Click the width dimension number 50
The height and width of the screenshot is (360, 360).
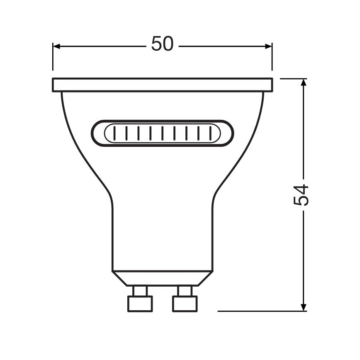click(162, 44)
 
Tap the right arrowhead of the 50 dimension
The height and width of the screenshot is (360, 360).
click(268, 46)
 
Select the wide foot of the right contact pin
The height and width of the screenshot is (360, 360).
click(185, 304)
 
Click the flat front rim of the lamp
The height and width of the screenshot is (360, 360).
click(162, 85)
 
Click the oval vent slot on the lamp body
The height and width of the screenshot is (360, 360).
click(162, 134)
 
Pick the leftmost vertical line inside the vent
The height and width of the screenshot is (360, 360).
click(114, 134)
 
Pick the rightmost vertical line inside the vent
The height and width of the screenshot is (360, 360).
click(211, 134)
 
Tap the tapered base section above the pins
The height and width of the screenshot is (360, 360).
click(162, 278)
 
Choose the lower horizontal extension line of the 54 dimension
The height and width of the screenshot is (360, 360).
click(257, 311)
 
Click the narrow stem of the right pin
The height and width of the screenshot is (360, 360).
click(185, 290)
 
